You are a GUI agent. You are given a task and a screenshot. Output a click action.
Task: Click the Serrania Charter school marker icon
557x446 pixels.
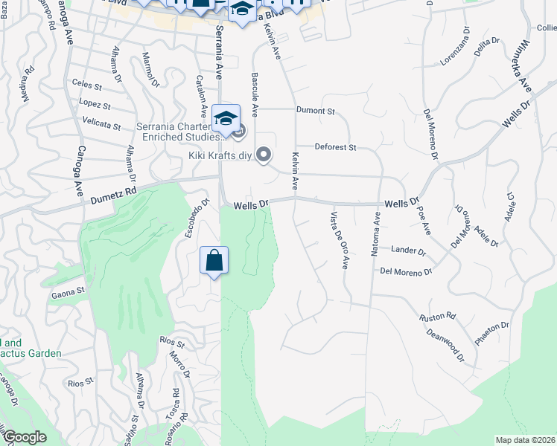[x=226, y=118]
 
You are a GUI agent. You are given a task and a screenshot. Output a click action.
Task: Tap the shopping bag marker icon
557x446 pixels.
[x=214, y=261]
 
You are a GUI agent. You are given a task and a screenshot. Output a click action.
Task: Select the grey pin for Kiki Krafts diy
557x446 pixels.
[x=263, y=155]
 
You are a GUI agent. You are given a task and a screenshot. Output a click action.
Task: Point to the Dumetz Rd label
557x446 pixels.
[x=115, y=195]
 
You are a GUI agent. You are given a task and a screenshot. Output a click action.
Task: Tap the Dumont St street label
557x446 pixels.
[x=316, y=111]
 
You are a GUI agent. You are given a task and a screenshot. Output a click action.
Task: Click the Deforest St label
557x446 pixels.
[x=335, y=147]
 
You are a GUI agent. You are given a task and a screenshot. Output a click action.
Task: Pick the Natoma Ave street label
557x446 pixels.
[x=376, y=233]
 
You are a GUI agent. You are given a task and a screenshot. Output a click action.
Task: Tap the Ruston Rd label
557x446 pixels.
[x=436, y=317]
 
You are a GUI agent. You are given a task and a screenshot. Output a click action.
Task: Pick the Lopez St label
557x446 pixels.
[x=95, y=104]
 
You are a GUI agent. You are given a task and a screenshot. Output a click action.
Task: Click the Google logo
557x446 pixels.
[x=25, y=437]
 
